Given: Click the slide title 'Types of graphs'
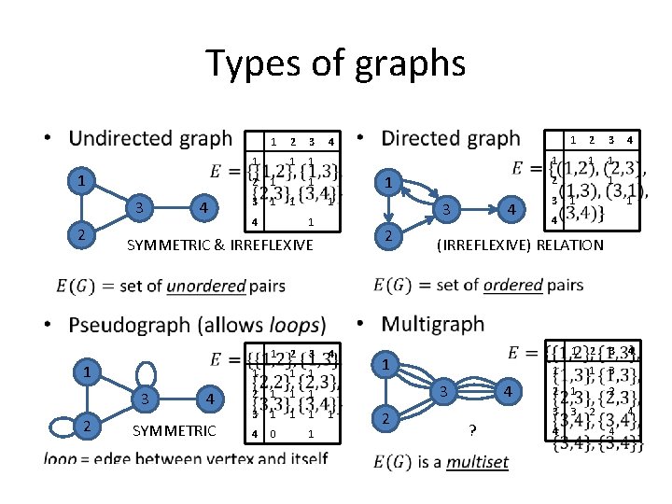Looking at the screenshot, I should [x=335, y=64].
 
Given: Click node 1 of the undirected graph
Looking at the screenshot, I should [x=83, y=177].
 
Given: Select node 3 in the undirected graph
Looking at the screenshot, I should [x=139, y=207].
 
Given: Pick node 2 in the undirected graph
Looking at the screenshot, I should [x=83, y=234].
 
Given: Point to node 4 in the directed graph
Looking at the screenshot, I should [x=509, y=210].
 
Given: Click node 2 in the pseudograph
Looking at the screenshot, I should [x=87, y=427].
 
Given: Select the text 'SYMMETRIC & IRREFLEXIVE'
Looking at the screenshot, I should [x=220, y=245].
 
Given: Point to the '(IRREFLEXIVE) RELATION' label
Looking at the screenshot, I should [x=521, y=245].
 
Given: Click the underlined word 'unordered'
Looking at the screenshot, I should [x=205, y=286].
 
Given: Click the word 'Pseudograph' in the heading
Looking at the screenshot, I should [x=127, y=326].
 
